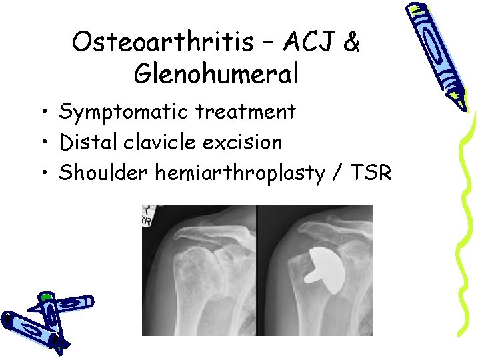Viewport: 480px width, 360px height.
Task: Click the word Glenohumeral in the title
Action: point(216,74)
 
